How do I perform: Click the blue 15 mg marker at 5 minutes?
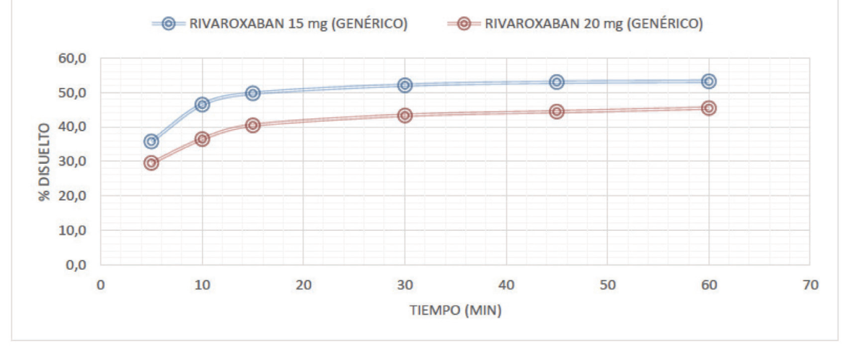151,141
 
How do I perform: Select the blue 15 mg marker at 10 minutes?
202,105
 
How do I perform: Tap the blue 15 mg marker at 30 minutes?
405,85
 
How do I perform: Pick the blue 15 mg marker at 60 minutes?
709,82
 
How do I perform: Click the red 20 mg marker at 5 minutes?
151,163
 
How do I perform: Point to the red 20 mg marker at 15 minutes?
252,125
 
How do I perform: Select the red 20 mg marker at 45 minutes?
557,112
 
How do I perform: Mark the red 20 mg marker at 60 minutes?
709,108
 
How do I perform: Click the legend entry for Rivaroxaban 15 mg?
281,24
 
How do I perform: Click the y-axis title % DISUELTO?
45,162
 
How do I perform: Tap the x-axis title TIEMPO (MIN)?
455,311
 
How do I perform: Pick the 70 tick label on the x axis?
810,285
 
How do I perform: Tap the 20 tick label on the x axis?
303,285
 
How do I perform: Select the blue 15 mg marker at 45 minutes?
557,82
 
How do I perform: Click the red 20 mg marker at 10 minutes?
202,139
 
